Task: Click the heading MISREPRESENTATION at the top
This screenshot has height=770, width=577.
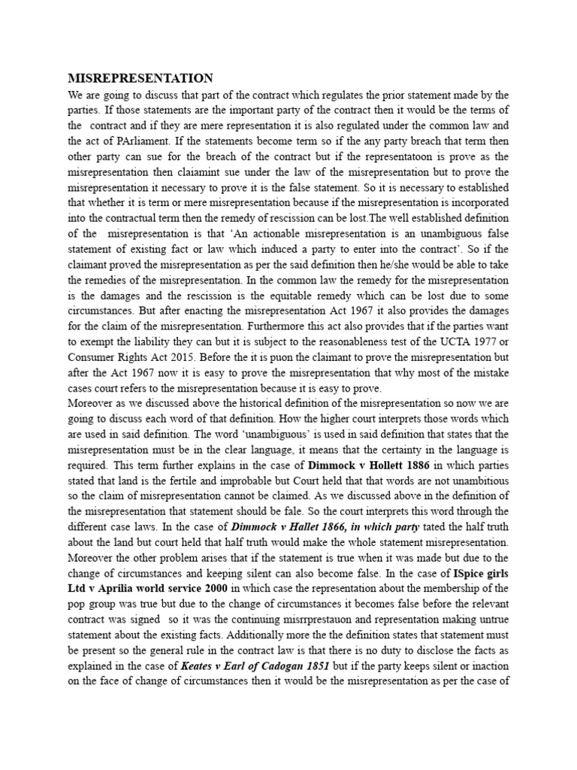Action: pyautogui.click(x=140, y=79)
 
